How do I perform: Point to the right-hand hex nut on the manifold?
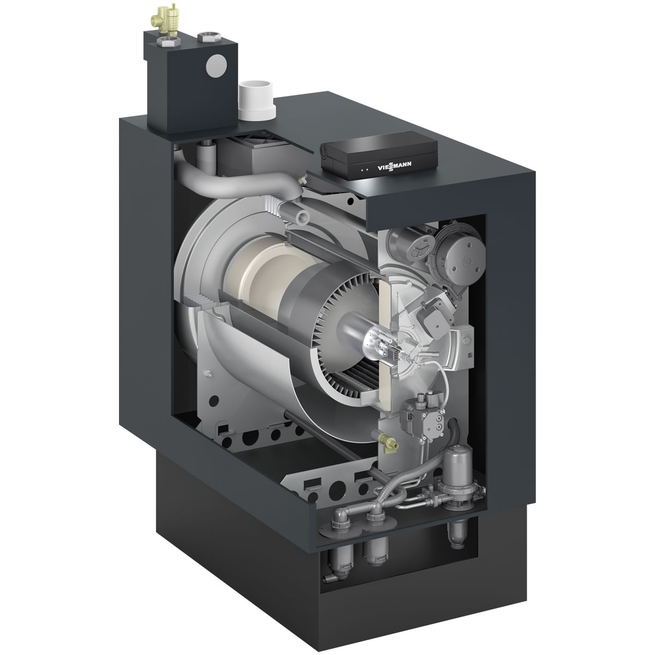coord(206,37)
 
